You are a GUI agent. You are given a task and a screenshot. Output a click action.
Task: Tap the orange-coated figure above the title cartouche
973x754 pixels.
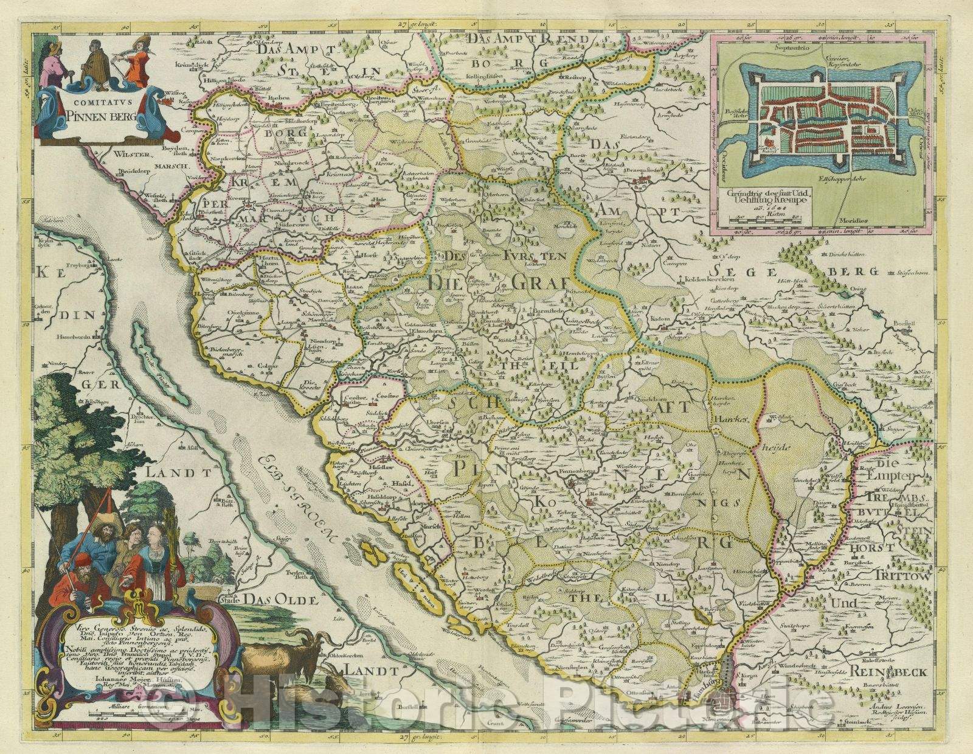point(137,61)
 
